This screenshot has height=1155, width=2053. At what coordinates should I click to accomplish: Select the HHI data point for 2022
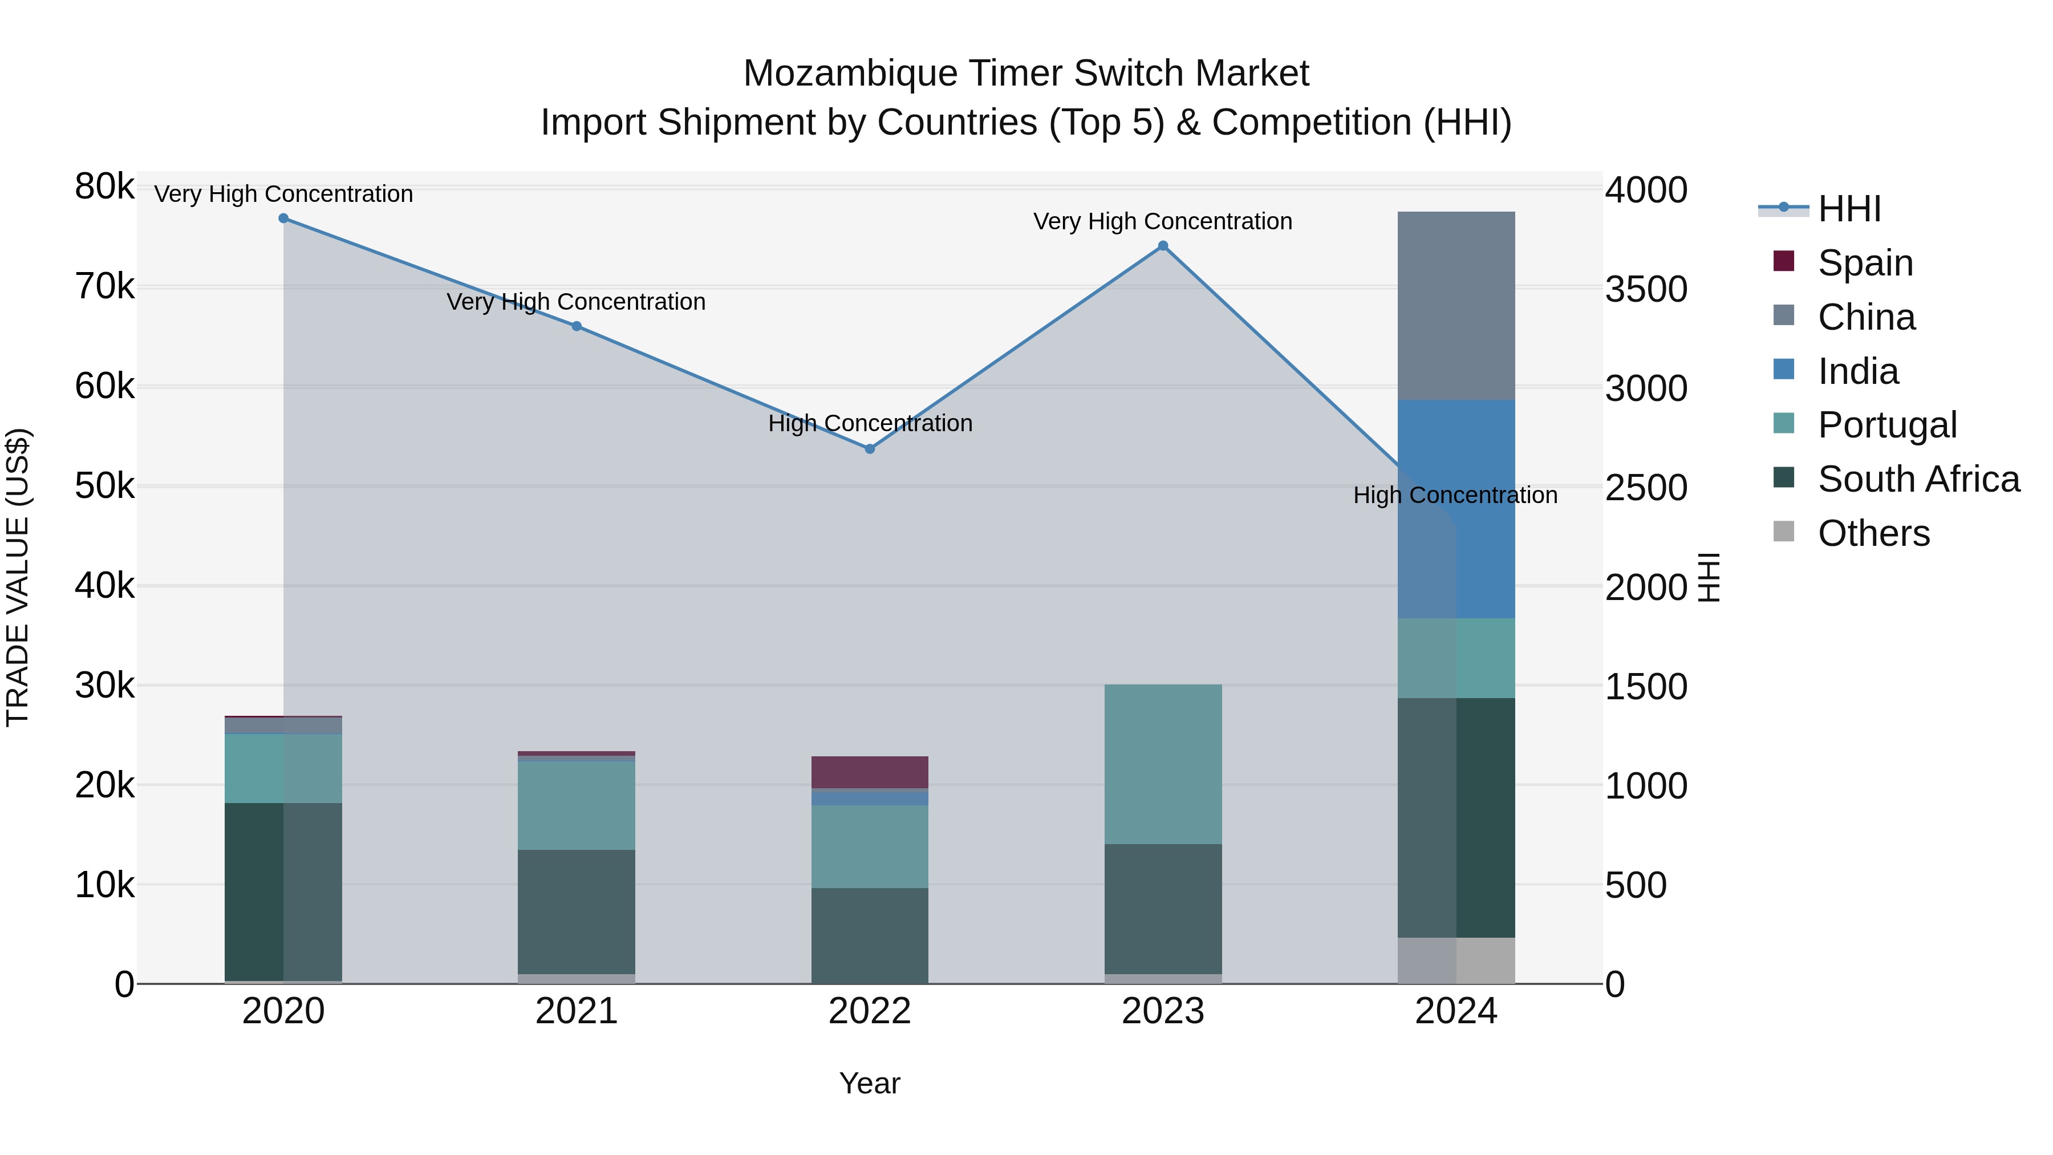click(x=870, y=449)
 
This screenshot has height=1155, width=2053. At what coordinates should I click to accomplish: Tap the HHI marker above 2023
click(x=1163, y=246)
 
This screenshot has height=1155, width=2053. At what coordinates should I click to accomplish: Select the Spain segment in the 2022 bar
click(x=870, y=772)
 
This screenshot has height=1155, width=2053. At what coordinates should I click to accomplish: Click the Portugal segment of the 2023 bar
click(x=1163, y=764)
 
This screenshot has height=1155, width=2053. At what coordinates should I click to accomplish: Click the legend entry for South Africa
click(x=1917, y=479)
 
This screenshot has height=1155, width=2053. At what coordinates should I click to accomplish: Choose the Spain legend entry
click(x=1865, y=262)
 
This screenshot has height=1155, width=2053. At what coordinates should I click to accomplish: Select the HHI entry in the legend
click(x=1849, y=209)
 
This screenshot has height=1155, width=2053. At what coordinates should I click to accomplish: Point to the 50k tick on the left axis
click(x=105, y=486)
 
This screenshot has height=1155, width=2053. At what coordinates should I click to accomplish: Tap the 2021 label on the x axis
click(x=576, y=1011)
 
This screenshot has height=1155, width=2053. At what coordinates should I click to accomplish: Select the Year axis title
click(x=870, y=1083)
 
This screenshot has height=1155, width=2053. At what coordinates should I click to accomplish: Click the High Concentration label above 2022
click(x=870, y=423)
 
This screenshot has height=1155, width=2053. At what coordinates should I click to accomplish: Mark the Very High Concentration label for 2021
click(x=575, y=302)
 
